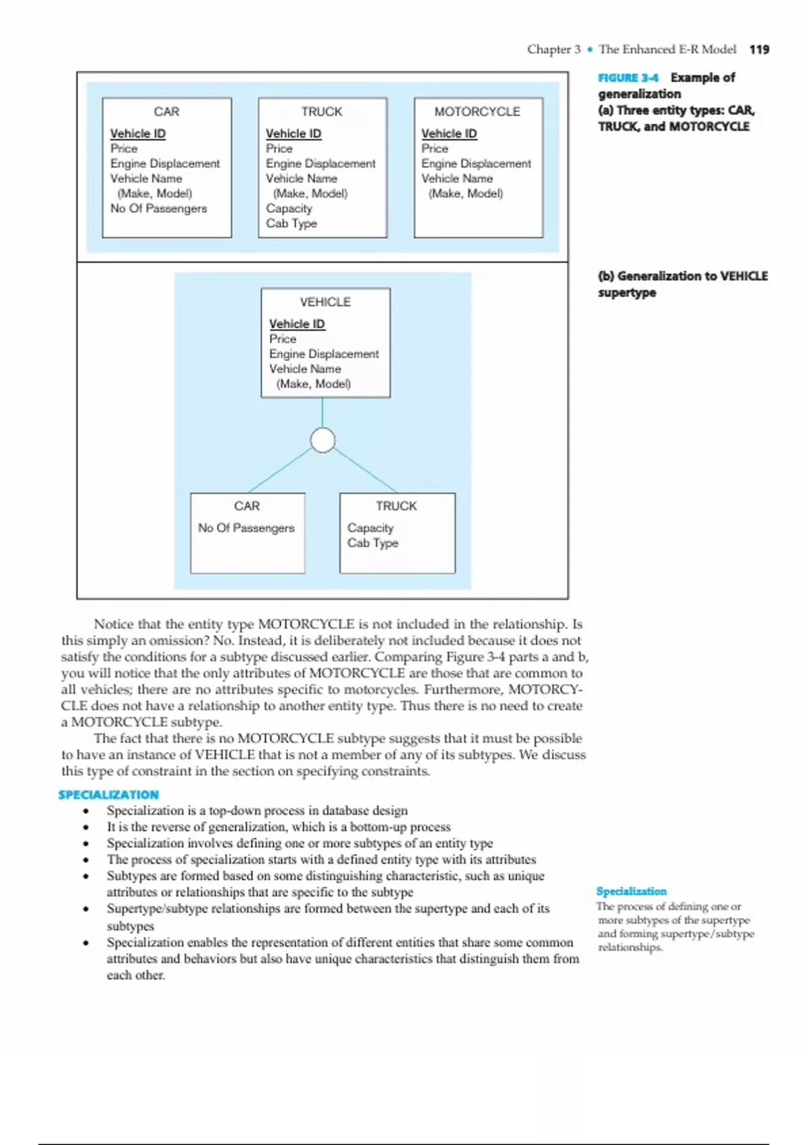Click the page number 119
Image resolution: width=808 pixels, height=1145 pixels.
[759, 49]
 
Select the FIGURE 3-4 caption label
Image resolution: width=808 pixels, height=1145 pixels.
[628, 77]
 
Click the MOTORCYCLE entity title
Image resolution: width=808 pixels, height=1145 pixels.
[477, 112]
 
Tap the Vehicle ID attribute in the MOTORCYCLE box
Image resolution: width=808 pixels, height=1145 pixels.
[448, 133]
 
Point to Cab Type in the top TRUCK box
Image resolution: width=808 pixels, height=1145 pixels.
[291, 224]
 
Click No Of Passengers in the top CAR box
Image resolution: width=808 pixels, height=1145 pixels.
[158, 209]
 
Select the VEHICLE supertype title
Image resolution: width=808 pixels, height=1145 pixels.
[325, 302]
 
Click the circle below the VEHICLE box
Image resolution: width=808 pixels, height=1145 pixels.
[323, 440]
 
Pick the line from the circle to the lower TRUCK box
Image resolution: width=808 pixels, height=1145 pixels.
[365, 470]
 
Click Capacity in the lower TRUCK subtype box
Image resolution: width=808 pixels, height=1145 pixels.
[370, 528]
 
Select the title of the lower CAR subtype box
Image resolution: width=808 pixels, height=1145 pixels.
[247, 506]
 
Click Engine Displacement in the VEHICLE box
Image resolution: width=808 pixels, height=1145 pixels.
[324, 354]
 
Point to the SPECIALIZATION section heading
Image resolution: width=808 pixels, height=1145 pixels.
[108, 795]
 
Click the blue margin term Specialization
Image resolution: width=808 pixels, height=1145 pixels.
[631, 891]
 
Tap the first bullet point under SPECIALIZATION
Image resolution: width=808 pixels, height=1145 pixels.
[86, 811]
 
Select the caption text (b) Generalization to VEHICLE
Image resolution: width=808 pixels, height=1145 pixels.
[682, 276]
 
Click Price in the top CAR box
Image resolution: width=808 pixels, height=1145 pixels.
[124, 149]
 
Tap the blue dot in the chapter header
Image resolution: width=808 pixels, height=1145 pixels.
[590, 50]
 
